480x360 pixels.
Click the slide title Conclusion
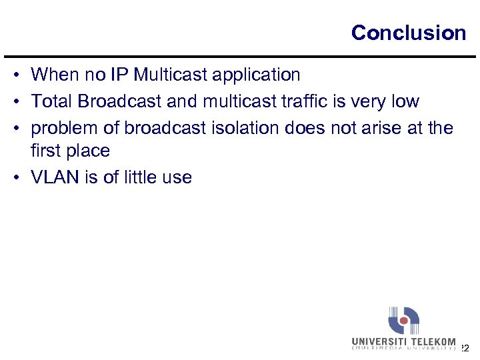408,33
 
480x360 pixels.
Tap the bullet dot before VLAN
15,178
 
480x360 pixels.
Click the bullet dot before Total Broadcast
15,102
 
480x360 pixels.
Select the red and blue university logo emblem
403,321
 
